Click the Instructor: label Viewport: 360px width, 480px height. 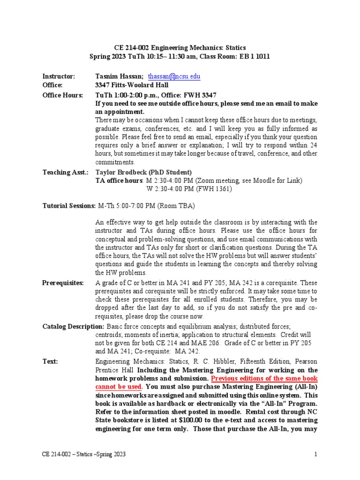pos(59,76)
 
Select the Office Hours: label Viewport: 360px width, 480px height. pos(63,95)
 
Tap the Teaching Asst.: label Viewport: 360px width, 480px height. pos(65,172)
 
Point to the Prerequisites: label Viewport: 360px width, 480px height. pos(63,283)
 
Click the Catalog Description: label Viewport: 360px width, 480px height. pos(74,326)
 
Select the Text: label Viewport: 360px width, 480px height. pos(50,362)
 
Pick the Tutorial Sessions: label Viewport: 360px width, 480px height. pos(69,205)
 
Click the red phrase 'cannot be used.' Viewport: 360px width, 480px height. pos(119,387)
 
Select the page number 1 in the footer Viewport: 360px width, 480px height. pos(316,454)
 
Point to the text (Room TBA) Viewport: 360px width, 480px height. pos(176,205)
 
